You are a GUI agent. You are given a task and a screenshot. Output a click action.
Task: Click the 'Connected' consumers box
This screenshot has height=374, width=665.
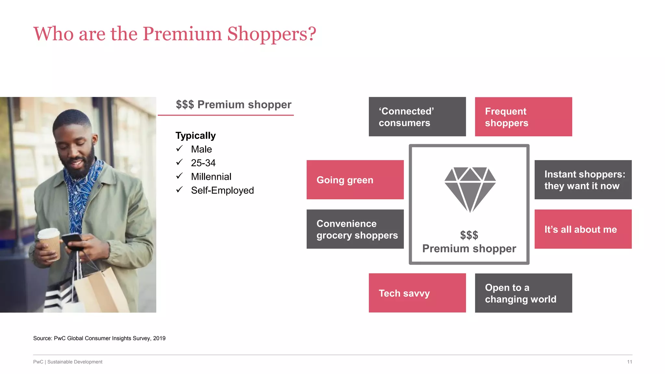(417, 117)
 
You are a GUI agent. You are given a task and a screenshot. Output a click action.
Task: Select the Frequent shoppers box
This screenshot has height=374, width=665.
(523, 117)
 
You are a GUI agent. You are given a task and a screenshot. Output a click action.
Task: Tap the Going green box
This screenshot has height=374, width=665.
(355, 180)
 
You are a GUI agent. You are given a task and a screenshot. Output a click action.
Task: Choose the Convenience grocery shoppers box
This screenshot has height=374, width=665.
(355, 229)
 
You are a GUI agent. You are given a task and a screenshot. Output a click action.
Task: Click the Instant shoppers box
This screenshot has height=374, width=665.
(583, 180)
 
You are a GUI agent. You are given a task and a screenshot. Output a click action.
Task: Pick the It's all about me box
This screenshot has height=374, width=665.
(583, 229)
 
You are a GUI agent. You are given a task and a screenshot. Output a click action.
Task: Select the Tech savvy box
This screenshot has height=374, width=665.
(417, 293)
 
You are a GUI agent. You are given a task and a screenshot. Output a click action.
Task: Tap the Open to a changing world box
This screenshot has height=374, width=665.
(523, 293)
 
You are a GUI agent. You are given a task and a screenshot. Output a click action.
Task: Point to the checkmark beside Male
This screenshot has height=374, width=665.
(180, 149)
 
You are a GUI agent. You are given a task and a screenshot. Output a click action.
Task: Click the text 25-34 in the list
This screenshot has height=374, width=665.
(203, 163)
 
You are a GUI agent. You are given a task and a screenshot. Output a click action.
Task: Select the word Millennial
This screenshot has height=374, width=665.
(211, 177)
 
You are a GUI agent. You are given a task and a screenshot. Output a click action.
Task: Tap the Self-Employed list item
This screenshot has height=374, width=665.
(222, 190)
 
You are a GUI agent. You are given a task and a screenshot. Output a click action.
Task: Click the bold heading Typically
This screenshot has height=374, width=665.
(195, 135)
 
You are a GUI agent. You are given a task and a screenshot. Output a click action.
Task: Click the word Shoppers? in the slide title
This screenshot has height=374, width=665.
(271, 34)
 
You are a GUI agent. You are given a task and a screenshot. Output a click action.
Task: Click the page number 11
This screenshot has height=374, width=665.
(629, 362)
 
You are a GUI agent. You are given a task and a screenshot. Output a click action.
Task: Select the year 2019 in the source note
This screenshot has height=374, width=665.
(159, 338)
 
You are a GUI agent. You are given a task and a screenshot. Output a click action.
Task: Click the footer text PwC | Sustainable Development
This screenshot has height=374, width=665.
(68, 362)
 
